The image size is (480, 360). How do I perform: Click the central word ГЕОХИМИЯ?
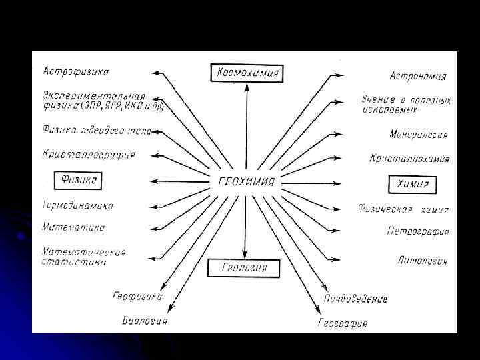point(246,181)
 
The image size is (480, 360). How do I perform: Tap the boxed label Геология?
point(245,268)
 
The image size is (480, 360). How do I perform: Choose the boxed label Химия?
point(413,183)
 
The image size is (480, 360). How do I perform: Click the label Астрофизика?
point(77,71)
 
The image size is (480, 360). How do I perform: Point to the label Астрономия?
point(418,76)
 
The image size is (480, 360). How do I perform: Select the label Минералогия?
point(418,134)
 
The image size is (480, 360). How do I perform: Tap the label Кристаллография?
point(89,155)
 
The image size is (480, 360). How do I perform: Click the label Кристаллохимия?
point(409,159)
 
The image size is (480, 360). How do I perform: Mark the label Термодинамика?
point(77,205)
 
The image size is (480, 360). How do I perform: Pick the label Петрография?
point(417,231)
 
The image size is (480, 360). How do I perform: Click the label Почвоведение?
point(355,299)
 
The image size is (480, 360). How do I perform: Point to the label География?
point(342,324)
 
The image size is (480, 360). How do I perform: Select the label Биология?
point(145,321)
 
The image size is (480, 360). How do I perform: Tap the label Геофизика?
point(137,296)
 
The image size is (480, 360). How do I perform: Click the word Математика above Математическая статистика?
point(73,228)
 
